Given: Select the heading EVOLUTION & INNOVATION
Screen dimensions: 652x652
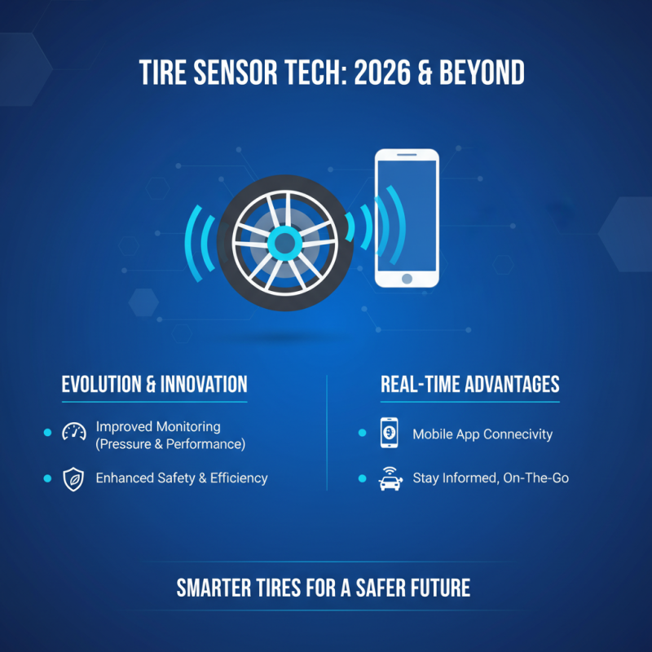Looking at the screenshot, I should coord(154,385).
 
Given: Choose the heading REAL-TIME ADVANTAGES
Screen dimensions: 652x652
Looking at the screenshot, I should coord(470,385).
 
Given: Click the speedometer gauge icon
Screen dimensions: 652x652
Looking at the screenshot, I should coord(74,433).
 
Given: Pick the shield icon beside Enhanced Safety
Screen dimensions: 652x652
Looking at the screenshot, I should coord(74,479).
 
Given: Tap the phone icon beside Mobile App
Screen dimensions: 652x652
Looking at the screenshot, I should coord(390,434).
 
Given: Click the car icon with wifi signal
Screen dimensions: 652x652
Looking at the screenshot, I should coord(390,479).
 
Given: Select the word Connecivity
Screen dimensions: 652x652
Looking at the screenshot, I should coord(517,434).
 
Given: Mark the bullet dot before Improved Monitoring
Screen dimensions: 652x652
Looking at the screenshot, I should coord(47,433).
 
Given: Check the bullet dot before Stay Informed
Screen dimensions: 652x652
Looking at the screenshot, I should coord(362,478).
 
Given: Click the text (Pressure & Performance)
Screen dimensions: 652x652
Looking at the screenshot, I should coord(170,444).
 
